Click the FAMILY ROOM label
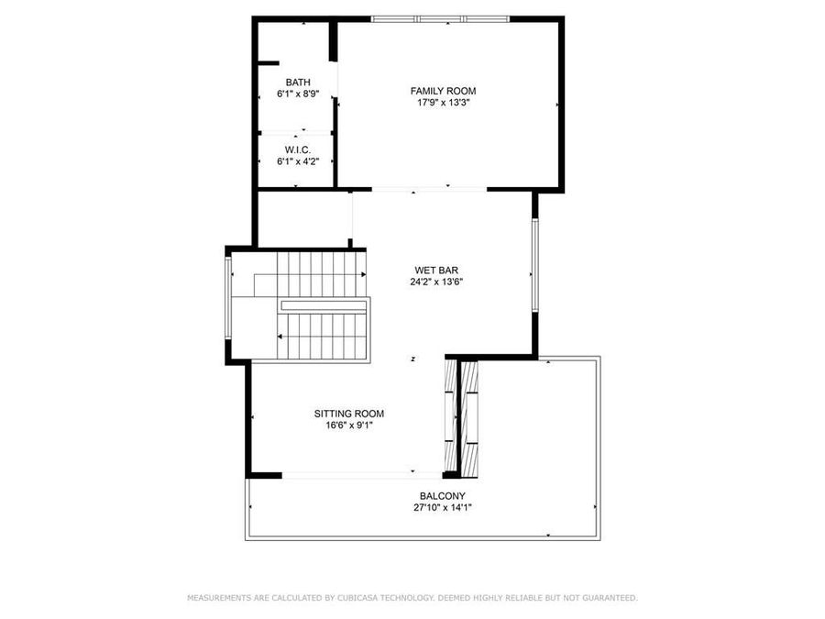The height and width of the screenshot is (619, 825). (443, 91)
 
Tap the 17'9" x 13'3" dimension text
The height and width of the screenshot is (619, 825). (443, 103)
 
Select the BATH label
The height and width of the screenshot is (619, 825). (298, 83)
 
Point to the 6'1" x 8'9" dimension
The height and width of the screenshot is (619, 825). (298, 94)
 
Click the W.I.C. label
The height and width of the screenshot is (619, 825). (298, 149)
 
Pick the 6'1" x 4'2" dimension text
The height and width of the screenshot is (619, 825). (298, 161)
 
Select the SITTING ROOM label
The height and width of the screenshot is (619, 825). (349, 414)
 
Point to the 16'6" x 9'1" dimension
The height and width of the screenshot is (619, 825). (349, 426)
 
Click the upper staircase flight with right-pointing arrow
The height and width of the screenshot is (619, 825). (321, 274)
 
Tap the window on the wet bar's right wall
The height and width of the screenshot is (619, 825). (533, 266)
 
